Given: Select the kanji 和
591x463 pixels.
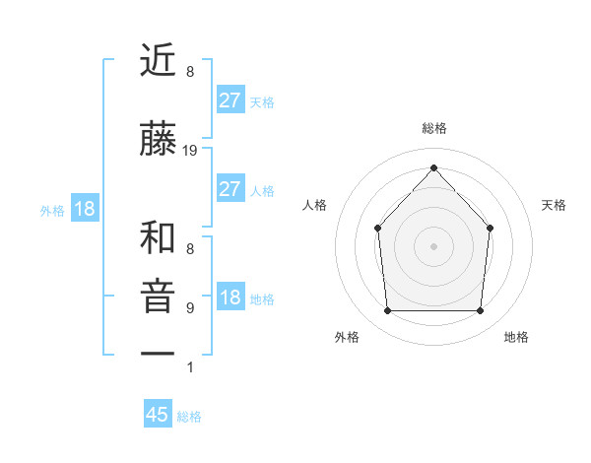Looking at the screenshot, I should [159, 237].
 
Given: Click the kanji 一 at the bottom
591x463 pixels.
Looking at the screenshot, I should [159, 353].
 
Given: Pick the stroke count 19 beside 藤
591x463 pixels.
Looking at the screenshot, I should [190, 151].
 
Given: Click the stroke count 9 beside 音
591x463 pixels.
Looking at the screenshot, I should [189, 308].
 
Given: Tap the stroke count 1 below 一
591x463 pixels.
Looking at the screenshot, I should [189, 367].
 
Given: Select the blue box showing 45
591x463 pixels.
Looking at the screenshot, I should [158, 415].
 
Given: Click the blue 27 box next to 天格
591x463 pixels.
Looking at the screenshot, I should [230, 100].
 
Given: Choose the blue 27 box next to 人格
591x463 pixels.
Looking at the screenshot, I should [230, 189].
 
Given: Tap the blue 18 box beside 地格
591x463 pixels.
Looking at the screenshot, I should [230, 298].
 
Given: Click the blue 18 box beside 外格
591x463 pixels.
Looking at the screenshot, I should [84, 209].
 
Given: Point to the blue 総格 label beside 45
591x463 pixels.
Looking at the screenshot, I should [189, 417].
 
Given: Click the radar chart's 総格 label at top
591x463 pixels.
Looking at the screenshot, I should [433, 129].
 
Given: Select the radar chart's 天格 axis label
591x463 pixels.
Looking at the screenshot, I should [554, 205].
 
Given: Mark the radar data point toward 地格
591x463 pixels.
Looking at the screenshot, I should [481, 311].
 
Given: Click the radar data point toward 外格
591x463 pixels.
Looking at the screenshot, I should [387, 311].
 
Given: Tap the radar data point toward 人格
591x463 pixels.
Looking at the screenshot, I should [377, 228].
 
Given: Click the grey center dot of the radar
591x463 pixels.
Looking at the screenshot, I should [433, 245].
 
